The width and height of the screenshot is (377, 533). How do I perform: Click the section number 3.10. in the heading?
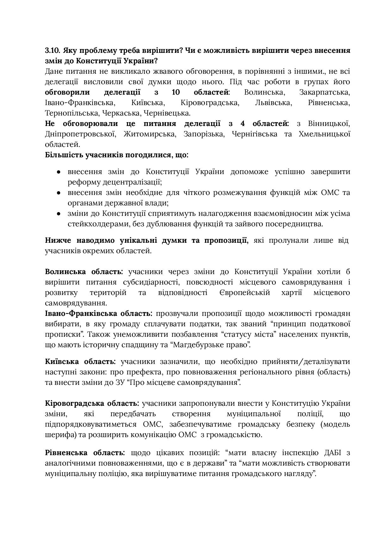point(53,51)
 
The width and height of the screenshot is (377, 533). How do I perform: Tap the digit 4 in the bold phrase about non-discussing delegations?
point(245,123)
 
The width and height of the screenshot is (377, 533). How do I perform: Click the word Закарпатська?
point(324,92)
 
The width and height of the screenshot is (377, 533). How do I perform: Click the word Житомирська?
point(150,134)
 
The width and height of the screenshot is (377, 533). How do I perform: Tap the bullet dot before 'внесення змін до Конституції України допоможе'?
point(59,172)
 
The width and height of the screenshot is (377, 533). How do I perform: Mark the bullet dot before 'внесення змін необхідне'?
point(59,193)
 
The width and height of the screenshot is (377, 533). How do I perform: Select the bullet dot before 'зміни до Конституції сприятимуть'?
point(59,214)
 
